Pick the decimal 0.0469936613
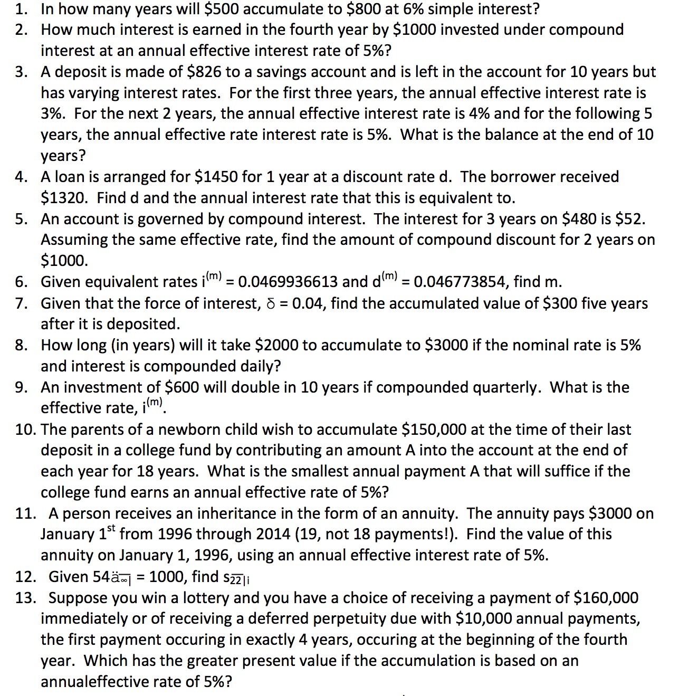click(x=288, y=282)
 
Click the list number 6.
click(x=21, y=282)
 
